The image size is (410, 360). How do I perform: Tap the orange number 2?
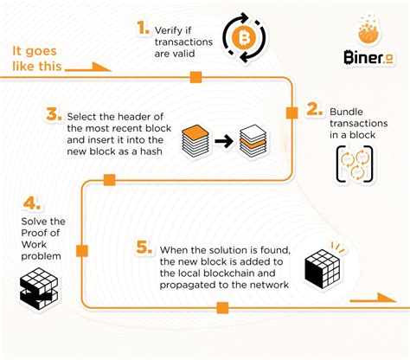[313, 111]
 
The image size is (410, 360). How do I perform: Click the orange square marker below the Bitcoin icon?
[195, 78]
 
